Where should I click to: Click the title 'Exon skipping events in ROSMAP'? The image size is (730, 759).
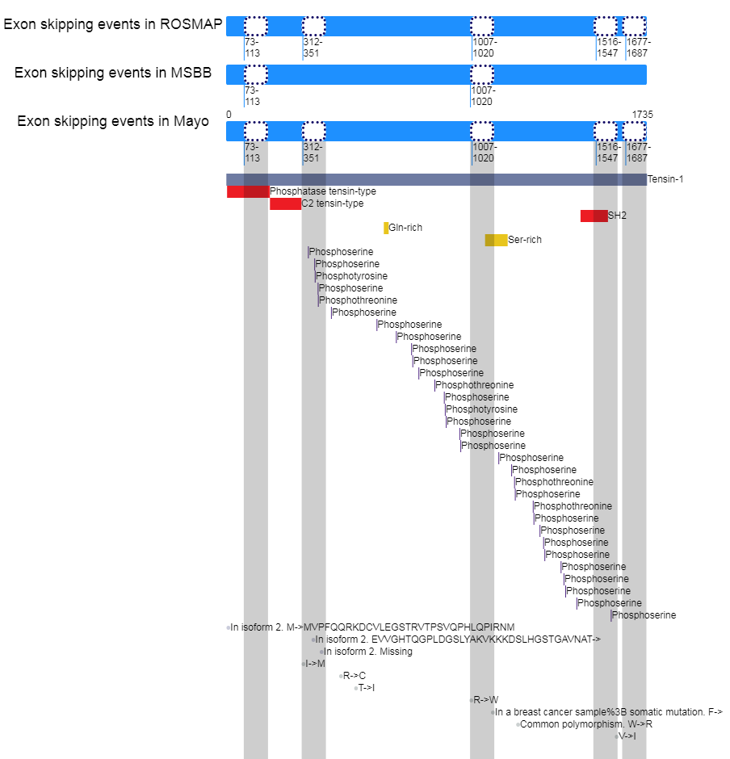click(x=112, y=24)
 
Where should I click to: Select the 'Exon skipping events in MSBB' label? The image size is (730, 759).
click(x=112, y=73)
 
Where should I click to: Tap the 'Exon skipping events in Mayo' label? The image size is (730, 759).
click(x=112, y=122)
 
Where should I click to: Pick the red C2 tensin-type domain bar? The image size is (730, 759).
click(x=285, y=203)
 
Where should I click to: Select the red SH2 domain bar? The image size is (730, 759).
click(x=594, y=216)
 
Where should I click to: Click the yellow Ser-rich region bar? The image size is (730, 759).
click(x=496, y=240)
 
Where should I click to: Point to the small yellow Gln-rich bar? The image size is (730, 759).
click(x=386, y=228)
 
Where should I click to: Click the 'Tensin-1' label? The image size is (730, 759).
click(x=665, y=179)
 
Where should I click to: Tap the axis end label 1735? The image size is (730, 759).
click(x=642, y=114)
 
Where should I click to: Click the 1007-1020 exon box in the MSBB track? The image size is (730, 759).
click(x=482, y=74)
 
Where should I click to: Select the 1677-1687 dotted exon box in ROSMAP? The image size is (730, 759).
click(x=634, y=26)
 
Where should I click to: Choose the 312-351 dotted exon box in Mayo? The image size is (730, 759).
click(x=313, y=132)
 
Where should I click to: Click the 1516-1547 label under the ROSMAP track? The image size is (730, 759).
click(x=608, y=48)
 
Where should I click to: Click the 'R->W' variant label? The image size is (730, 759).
click(x=486, y=700)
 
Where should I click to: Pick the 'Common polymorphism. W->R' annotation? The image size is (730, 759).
click(x=586, y=724)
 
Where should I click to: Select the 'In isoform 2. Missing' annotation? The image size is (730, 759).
click(x=368, y=652)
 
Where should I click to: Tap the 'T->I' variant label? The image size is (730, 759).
click(x=367, y=688)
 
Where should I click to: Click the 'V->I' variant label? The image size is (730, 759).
click(x=627, y=736)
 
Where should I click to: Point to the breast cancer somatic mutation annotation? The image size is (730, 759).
click(x=608, y=712)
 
